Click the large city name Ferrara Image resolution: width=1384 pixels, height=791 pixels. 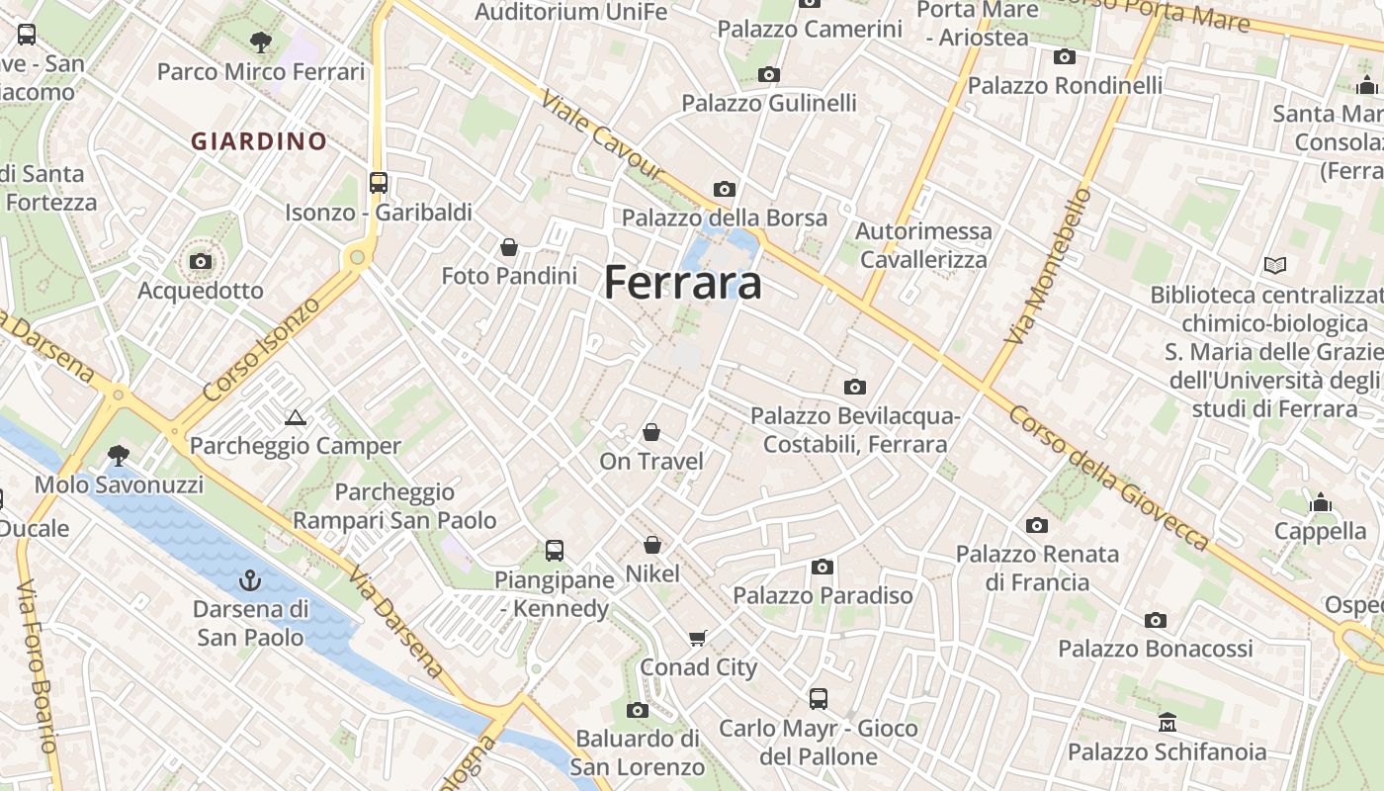pos(683,283)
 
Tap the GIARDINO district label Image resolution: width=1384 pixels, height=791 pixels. pos(259,141)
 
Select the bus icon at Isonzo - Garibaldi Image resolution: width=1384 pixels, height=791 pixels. pos(379,183)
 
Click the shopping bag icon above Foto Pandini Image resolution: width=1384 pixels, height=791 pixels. pos(509,246)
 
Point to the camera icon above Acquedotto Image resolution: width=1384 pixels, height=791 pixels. pos(201,261)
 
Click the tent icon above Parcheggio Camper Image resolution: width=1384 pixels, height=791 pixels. pos(295,417)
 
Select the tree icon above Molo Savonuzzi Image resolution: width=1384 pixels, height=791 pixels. pos(119,455)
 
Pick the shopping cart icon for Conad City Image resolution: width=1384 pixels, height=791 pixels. pos(698,638)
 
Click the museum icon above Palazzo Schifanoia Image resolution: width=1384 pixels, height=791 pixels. pos(1167,723)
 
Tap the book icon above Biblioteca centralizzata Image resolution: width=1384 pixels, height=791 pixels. pos(1275,265)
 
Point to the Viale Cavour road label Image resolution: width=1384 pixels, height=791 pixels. pos(602,136)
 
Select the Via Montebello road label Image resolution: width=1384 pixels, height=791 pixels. pos(1047,266)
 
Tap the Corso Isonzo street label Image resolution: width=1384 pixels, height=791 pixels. pos(262,348)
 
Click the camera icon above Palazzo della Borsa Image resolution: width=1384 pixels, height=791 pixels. pos(725,189)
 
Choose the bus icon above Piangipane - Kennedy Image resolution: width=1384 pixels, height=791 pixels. pos(555,550)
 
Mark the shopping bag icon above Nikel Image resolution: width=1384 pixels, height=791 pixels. pos(652,545)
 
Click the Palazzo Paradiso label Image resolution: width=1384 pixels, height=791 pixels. pos(822,595)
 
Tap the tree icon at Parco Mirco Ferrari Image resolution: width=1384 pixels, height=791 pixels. pos(261,43)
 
